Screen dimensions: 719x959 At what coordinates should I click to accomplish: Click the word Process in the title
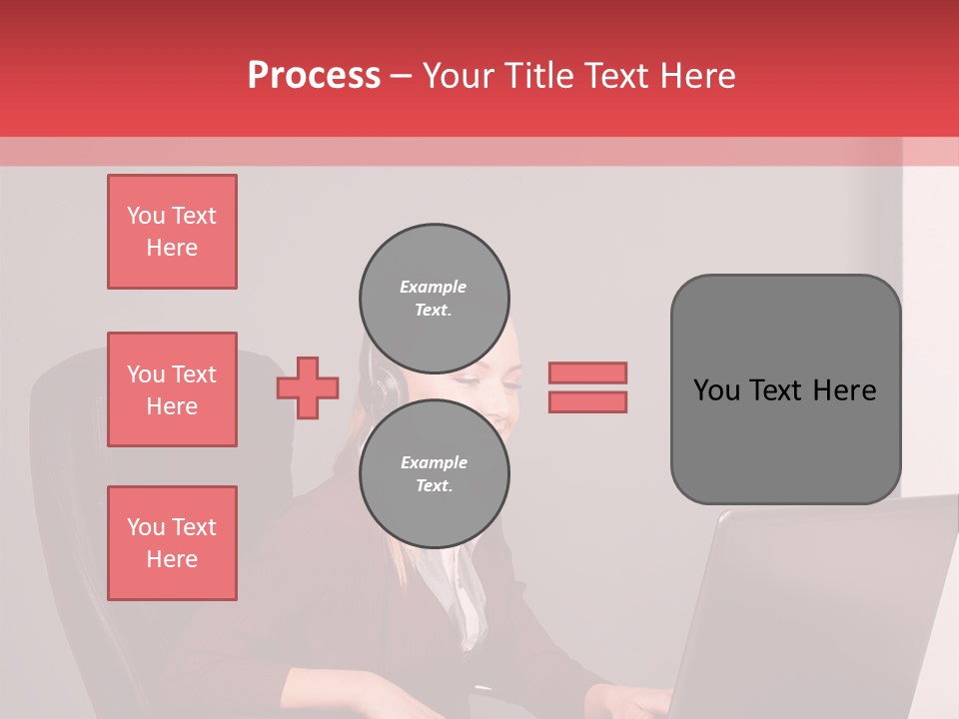coord(314,76)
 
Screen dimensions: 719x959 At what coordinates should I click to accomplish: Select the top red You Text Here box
coord(172,232)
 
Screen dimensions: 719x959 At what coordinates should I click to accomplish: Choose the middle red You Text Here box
coord(172,389)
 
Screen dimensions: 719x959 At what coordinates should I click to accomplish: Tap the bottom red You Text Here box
coord(172,543)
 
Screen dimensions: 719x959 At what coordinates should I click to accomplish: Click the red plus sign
coord(308,387)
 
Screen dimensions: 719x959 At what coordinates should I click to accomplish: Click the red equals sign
coord(587,387)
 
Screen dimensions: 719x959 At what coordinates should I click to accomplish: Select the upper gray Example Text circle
coord(435,299)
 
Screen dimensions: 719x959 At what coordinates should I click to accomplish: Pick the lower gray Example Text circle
coord(435,474)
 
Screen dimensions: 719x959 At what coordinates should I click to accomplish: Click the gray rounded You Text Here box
coord(785,389)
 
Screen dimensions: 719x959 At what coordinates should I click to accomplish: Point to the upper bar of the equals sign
coord(587,373)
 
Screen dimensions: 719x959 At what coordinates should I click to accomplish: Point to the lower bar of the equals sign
coord(587,401)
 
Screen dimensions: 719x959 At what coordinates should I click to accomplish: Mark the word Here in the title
coord(696,76)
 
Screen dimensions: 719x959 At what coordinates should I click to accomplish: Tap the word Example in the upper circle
coord(433,287)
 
